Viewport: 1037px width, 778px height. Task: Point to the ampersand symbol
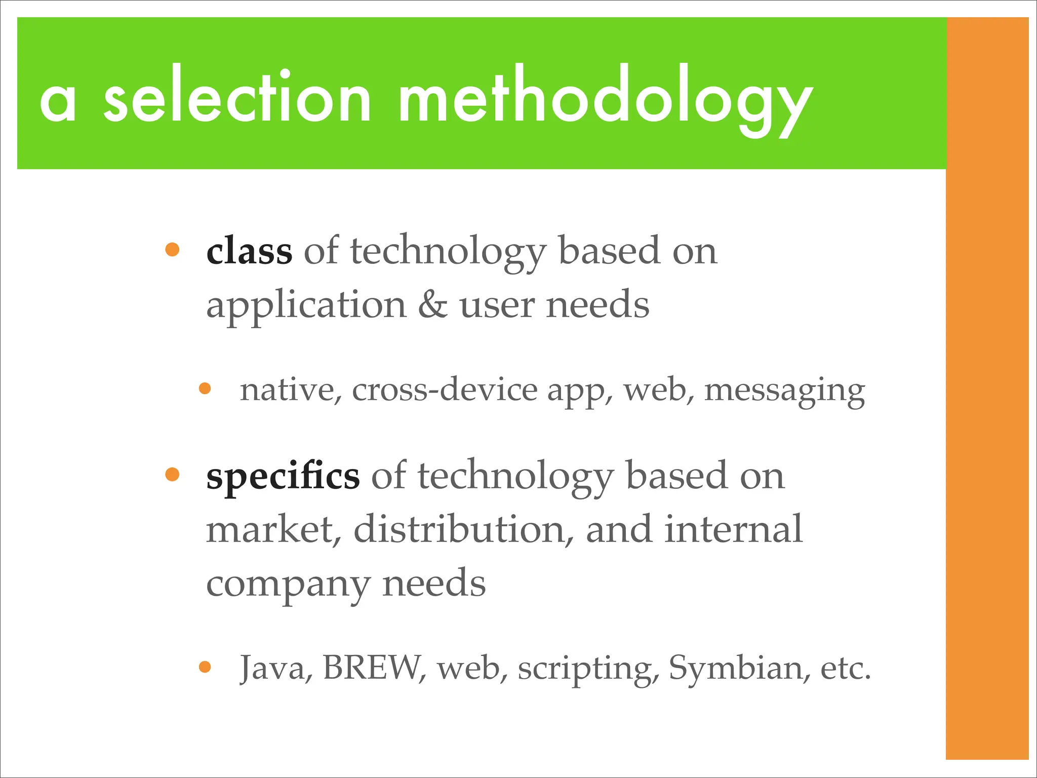pyautogui.click(x=433, y=305)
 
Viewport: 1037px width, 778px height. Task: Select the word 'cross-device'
pyautogui.click(x=445, y=390)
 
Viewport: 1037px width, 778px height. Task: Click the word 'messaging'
pyautogui.click(x=784, y=391)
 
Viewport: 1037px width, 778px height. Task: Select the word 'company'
pyautogui.click(x=288, y=584)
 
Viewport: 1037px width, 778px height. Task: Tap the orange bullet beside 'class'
pyautogui.click(x=172, y=250)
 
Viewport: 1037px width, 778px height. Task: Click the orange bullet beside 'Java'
pyautogui.click(x=205, y=667)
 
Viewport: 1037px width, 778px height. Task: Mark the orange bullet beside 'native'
pyautogui.click(x=205, y=388)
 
